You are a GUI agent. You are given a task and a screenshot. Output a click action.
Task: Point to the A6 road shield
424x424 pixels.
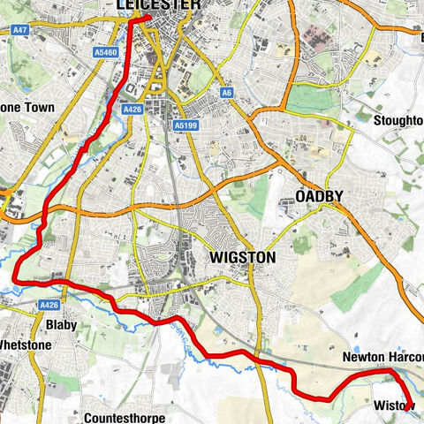point(227,91)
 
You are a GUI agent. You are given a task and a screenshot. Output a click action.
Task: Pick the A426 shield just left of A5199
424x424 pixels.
point(133,109)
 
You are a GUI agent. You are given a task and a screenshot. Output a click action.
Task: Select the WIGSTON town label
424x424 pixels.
point(242,258)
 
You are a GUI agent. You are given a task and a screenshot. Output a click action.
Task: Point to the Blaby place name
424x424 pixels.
point(61,325)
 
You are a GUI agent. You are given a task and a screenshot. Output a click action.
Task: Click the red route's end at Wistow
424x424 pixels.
point(406,408)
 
